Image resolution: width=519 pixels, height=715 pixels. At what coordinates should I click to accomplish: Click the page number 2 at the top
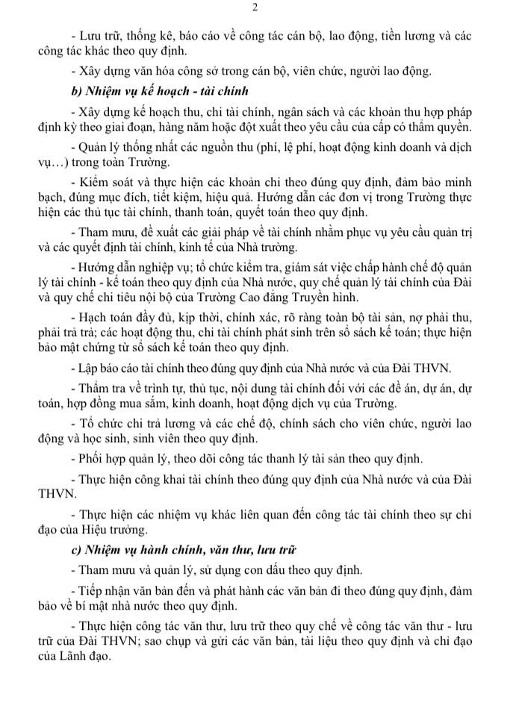(x=256, y=8)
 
